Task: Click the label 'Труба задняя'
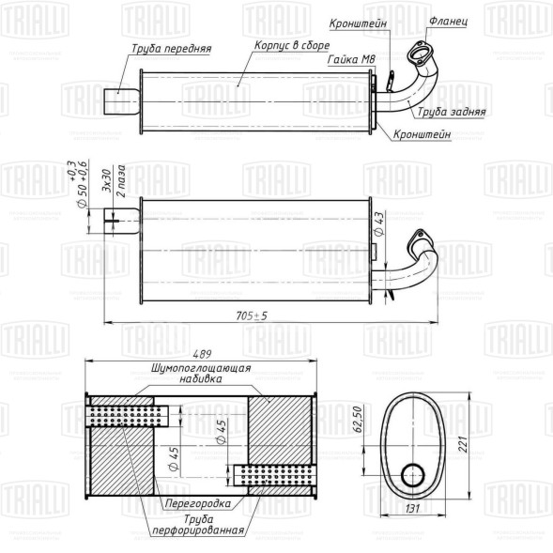(452, 111)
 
